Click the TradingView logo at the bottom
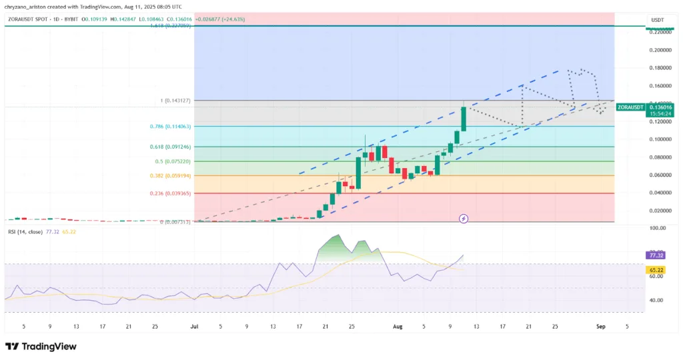tap(41, 346)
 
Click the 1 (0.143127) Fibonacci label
tap(176, 101)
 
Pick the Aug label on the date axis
tap(398, 327)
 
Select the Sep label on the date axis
tap(600, 327)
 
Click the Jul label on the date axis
tap(194, 327)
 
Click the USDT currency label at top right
tap(656, 19)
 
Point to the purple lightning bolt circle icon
tap(464, 218)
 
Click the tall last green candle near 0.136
tap(464, 118)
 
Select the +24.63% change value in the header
tap(227, 19)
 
